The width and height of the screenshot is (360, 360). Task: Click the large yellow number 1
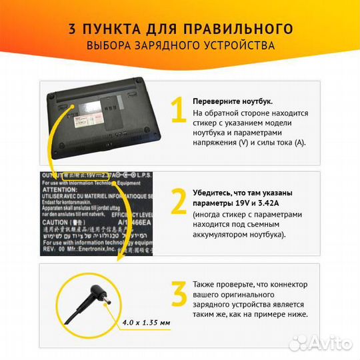pyautogui.click(x=177, y=111)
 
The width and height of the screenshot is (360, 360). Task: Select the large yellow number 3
pyautogui.click(x=178, y=295)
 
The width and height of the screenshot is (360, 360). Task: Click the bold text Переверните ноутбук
pyautogui.click(x=233, y=101)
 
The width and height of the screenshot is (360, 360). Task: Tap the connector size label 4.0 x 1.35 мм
pyautogui.click(x=146, y=323)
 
